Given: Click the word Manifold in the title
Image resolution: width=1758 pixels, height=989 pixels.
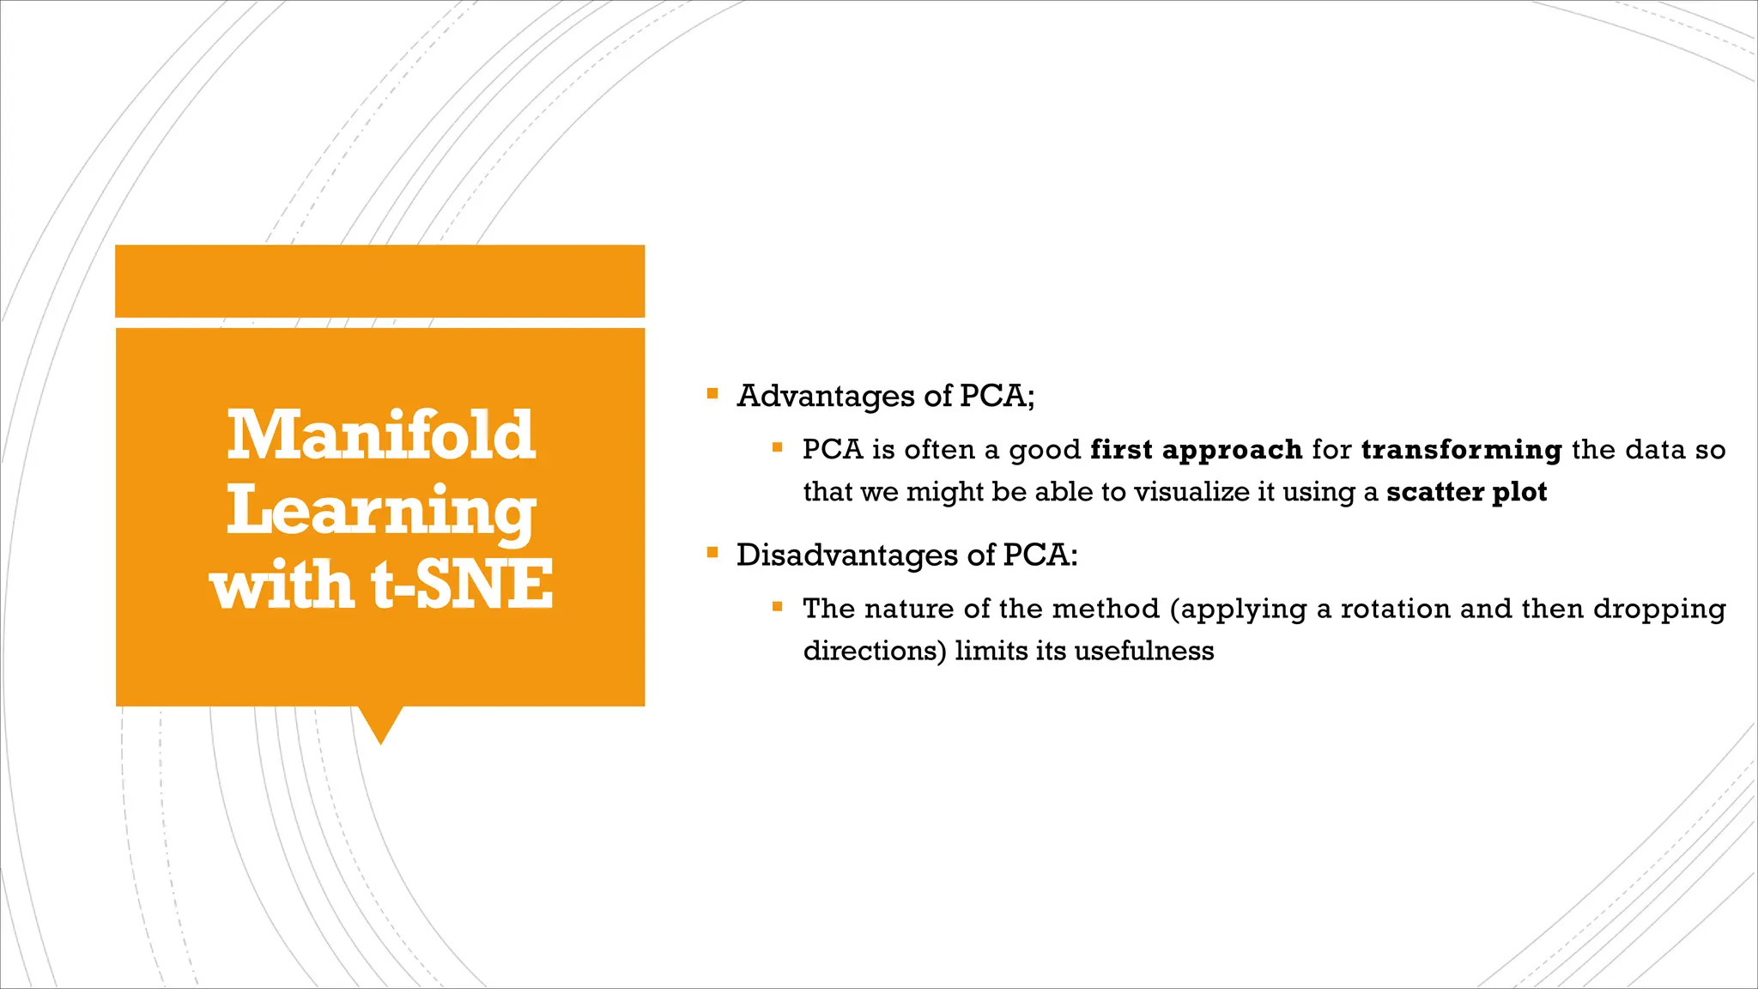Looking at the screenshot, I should click(x=381, y=435).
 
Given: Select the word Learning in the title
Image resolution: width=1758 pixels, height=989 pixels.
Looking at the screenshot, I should click(x=381, y=511).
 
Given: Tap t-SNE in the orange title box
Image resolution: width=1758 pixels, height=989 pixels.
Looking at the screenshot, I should click(x=463, y=586).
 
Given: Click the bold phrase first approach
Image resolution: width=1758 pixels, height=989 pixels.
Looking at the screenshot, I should click(x=1197, y=450).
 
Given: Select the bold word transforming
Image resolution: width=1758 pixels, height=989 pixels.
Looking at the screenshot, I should click(x=1461, y=450).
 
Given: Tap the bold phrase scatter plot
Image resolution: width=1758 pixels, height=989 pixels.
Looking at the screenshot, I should click(x=1466, y=492).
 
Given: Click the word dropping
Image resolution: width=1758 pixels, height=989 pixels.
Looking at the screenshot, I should click(x=1659, y=609).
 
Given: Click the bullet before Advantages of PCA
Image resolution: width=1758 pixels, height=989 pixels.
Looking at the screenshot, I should click(x=712, y=394).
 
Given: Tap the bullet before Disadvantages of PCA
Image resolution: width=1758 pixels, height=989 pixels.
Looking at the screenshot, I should click(x=712, y=553).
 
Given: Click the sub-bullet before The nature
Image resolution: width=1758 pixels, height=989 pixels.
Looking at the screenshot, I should click(x=778, y=607).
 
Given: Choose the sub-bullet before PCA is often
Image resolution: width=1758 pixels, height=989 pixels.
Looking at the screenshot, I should click(x=778, y=447).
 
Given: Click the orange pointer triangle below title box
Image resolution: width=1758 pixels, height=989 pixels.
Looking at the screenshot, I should click(x=380, y=723).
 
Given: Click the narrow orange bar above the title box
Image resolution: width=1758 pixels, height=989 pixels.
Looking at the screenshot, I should click(x=379, y=281).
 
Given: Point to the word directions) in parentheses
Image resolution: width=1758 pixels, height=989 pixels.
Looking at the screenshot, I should click(x=874, y=651).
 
